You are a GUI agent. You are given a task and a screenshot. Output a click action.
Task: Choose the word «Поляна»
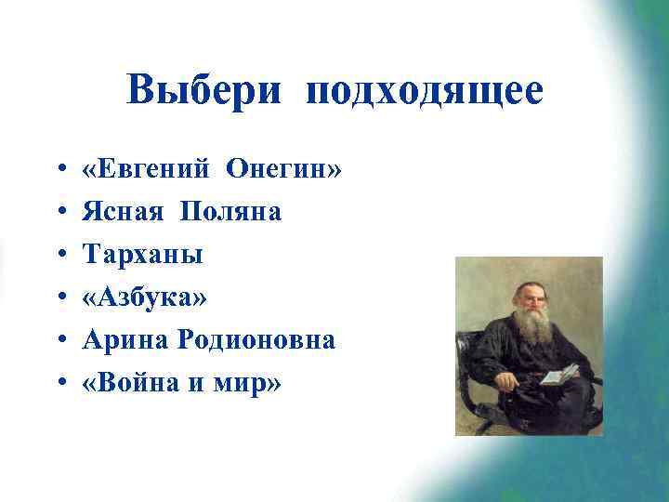coord(230,213)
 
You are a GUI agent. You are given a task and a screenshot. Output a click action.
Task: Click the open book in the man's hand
coord(559,375)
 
